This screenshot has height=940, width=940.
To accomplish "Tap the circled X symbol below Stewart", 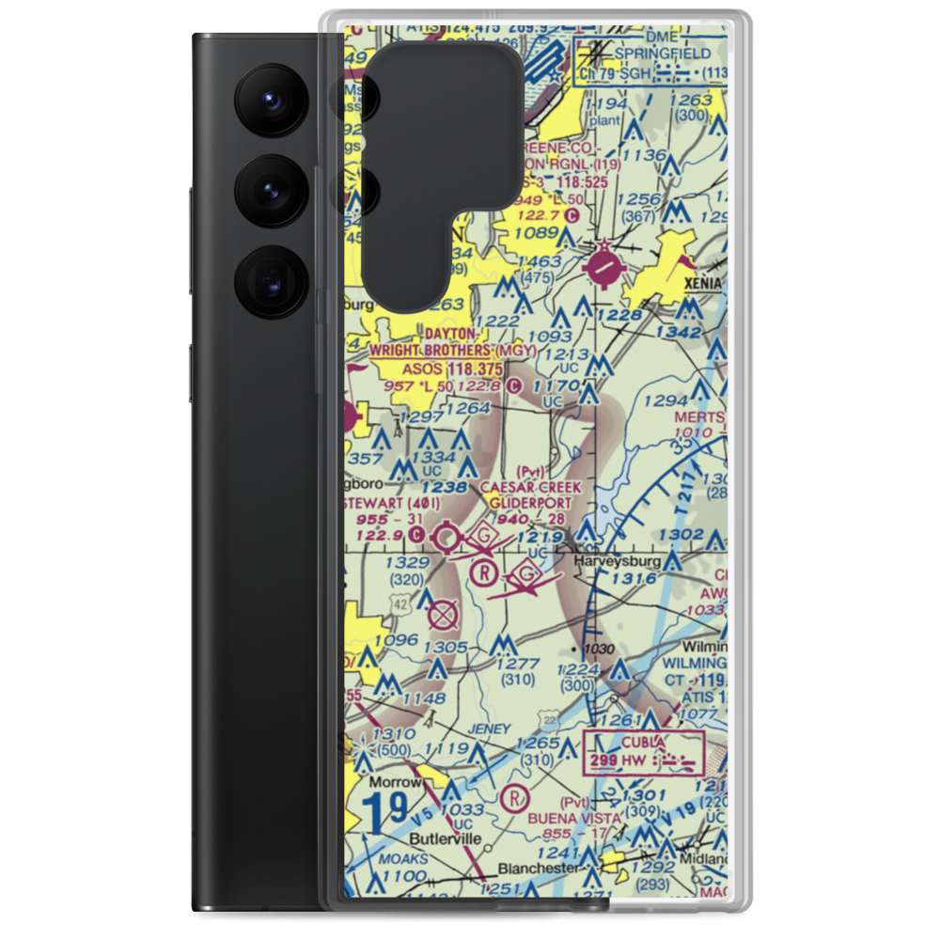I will point(442,616).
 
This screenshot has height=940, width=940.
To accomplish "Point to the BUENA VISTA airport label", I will point(575,818).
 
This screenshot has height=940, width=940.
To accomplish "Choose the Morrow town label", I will point(390,781).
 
